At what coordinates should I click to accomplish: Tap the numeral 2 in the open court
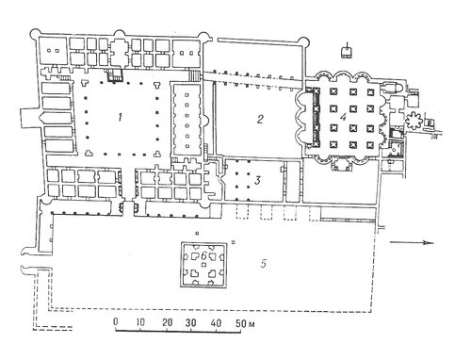(x=260, y=119)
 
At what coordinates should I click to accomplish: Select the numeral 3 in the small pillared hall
(x=258, y=180)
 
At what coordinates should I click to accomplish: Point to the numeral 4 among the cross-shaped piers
(x=343, y=117)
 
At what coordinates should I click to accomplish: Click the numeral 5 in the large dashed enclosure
(x=263, y=263)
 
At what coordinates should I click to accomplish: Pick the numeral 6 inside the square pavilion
(x=203, y=256)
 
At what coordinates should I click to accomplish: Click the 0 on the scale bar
(x=116, y=321)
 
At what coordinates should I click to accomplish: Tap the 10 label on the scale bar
(x=140, y=322)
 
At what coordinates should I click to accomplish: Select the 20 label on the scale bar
(x=167, y=322)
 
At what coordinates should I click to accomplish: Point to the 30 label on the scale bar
(x=191, y=322)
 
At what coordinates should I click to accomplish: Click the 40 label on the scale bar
(x=216, y=322)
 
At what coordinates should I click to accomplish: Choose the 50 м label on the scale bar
(x=245, y=322)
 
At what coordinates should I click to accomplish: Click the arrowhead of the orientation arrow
(x=430, y=242)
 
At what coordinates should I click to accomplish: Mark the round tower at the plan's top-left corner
(x=35, y=33)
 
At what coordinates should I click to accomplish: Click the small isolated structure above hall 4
(x=347, y=52)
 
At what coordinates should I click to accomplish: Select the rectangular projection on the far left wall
(x=30, y=119)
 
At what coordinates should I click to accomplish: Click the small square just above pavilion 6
(x=197, y=233)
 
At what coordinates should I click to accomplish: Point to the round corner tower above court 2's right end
(x=303, y=41)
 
